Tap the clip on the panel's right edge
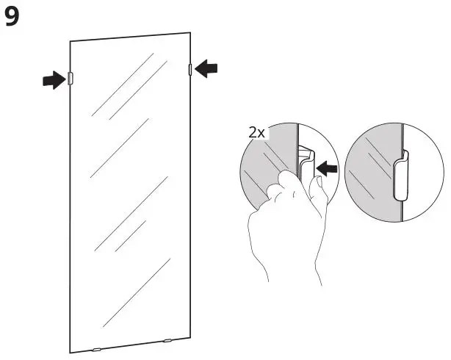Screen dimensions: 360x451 pos(191,70)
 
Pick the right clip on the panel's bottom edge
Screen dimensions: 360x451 pos(167,340)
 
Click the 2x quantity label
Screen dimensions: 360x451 pos(257,134)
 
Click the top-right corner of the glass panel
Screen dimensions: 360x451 pos(191,33)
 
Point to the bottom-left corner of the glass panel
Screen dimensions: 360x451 pos(71,352)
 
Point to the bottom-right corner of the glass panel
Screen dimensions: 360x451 pos(192,337)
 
